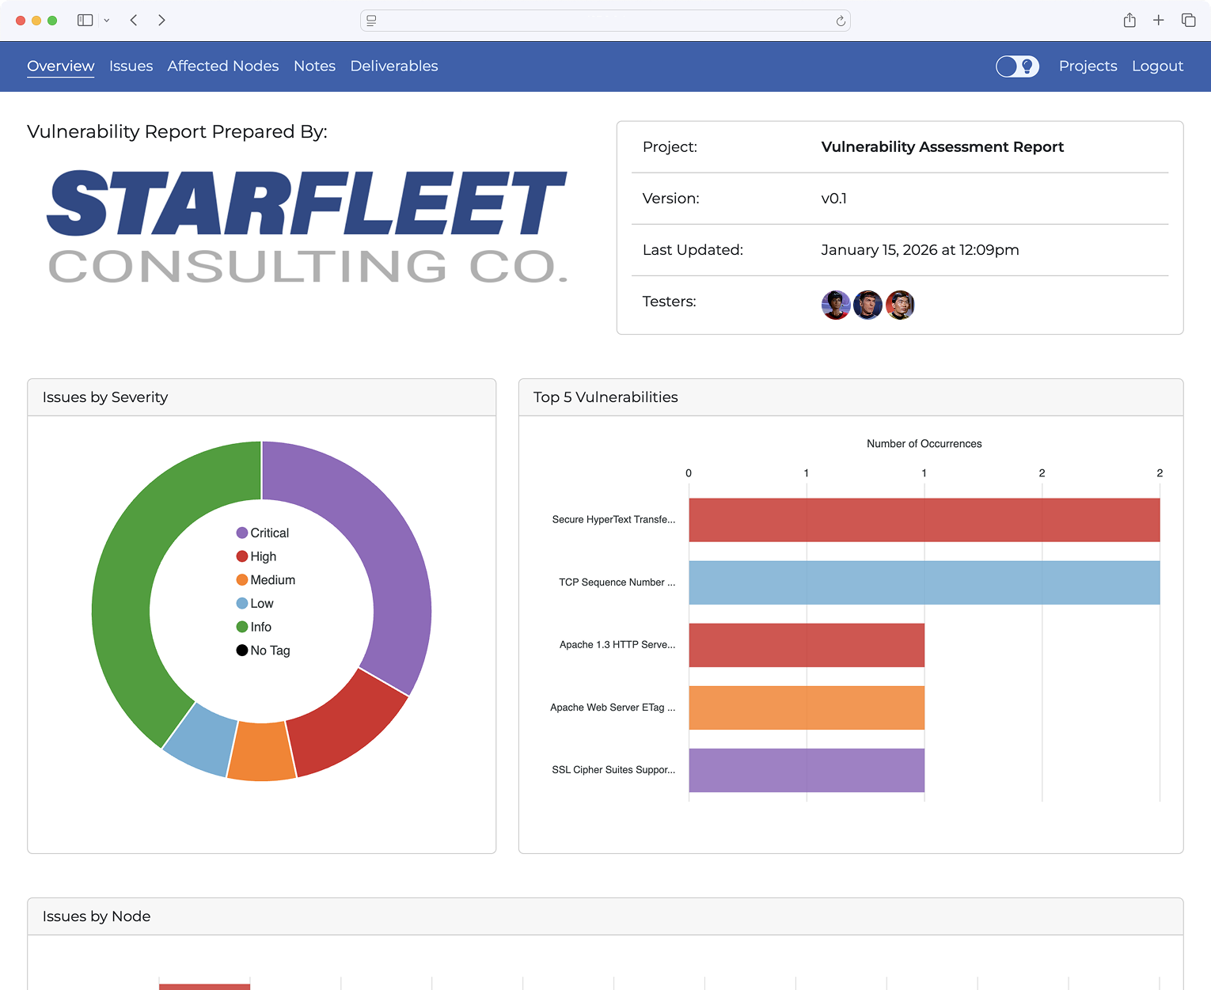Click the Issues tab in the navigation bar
131,66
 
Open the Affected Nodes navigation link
222,66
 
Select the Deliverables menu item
393,66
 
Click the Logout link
1157,66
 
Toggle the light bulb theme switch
1017,66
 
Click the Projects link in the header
1088,66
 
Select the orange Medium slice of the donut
262,752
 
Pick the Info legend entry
254,627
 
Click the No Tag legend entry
264,651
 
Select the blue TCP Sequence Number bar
924,583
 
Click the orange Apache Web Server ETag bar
806,707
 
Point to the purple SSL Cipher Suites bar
806,770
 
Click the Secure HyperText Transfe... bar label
613,520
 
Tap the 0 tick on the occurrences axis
689,473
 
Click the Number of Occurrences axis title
924,444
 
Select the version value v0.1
833,199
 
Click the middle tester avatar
867,305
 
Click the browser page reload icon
841,21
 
